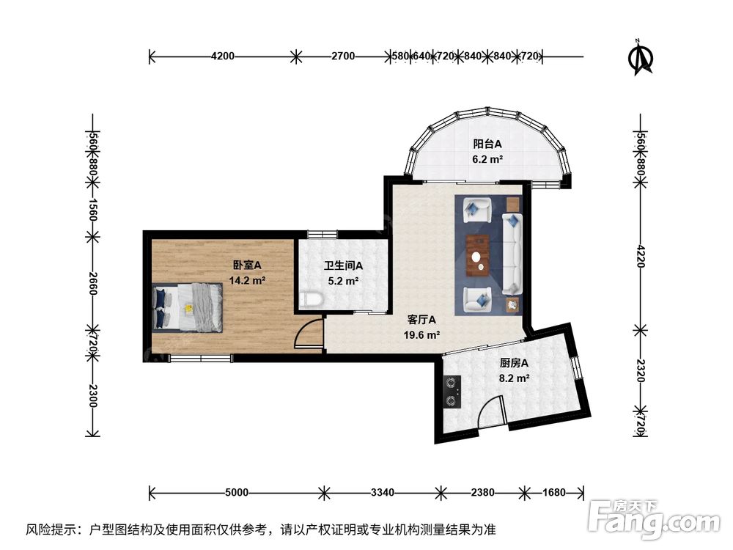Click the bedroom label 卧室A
[247, 265]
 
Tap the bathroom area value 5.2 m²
[343, 281]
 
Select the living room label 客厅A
[421, 320]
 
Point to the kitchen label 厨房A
[515, 363]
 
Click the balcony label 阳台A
[487, 144]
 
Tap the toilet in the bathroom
[310, 299]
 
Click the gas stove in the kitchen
[451, 392]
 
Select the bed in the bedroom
[187, 307]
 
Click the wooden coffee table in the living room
[477, 256]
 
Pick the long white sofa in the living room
[512, 254]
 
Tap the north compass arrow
[641, 57]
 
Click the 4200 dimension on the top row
[223, 56]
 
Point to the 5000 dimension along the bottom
[237, 493]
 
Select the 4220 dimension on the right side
[641, 256]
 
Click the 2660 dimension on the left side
[92, 284]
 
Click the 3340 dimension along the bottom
[383, 493]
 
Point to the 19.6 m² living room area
[421, 335]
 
